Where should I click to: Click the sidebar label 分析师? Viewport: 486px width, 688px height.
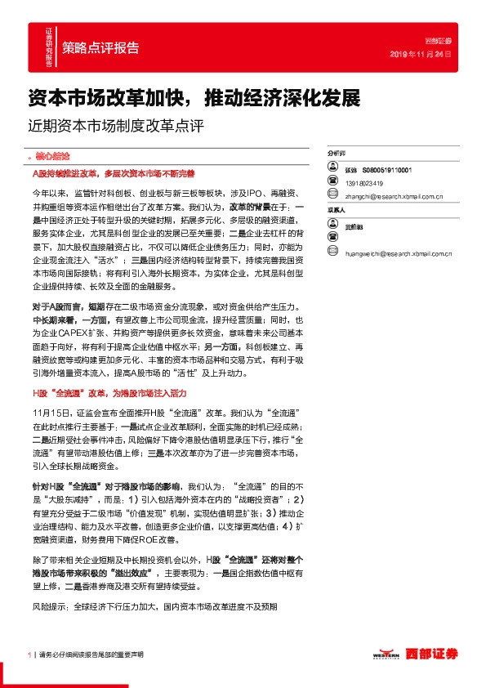(336, 153)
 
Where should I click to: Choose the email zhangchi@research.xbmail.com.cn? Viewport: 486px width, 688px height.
(394, 196)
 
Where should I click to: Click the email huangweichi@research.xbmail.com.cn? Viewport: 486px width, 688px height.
(400, 253)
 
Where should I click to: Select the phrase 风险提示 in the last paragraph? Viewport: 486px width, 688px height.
(51, 607)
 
